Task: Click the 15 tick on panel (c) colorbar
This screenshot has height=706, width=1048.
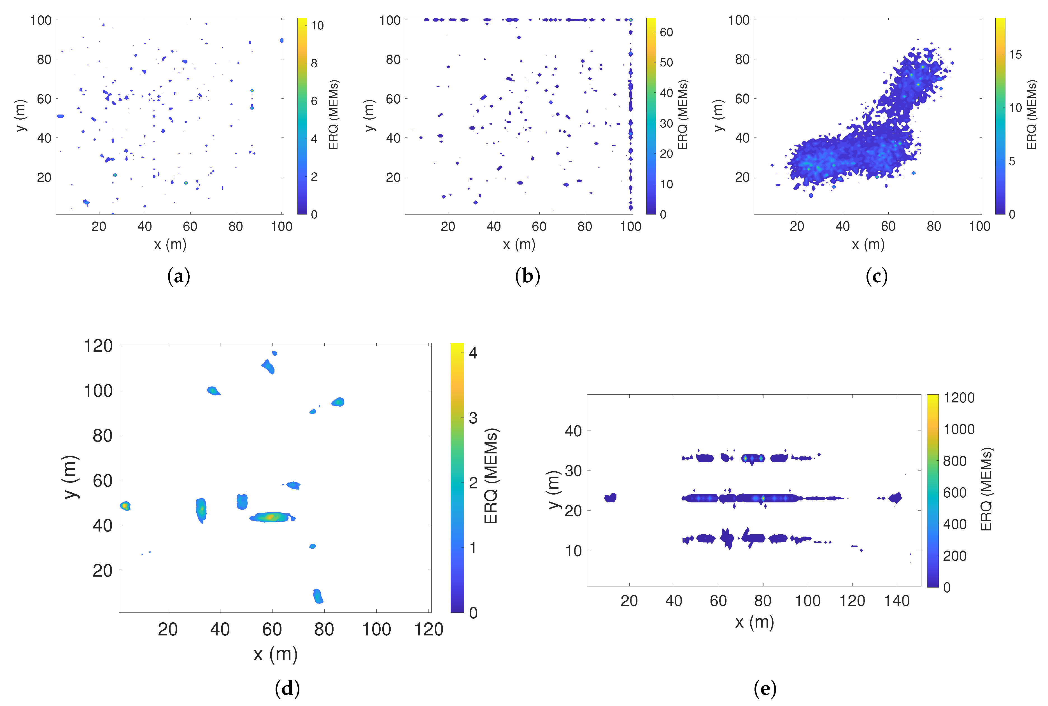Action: [x=1015, y=55]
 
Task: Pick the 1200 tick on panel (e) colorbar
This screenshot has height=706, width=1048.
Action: [x=959, y=398]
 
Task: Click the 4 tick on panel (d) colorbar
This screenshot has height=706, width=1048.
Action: [x=473, y=353]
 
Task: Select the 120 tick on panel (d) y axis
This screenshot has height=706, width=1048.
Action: [x=98, y=346]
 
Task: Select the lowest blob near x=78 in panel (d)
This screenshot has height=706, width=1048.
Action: [x=318, y=596]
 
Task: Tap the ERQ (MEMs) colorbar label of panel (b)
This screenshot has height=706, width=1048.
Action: [x=683, y=115]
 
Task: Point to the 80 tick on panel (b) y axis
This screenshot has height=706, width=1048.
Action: [x=393, y=59]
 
